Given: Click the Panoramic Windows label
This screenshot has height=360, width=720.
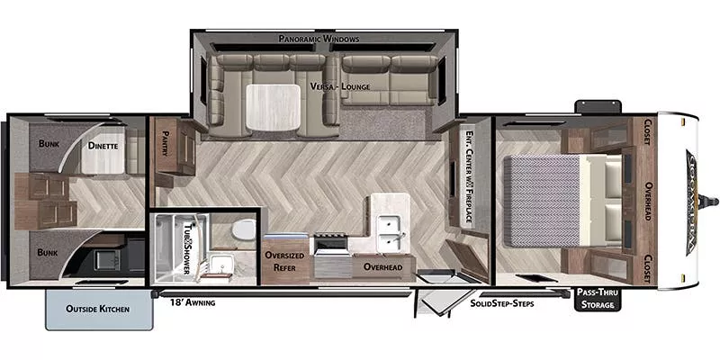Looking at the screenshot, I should coord(319,40).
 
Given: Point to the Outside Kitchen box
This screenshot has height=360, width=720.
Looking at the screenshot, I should coord(97,309).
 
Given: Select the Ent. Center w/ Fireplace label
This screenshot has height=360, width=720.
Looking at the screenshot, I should coord(470,175).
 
